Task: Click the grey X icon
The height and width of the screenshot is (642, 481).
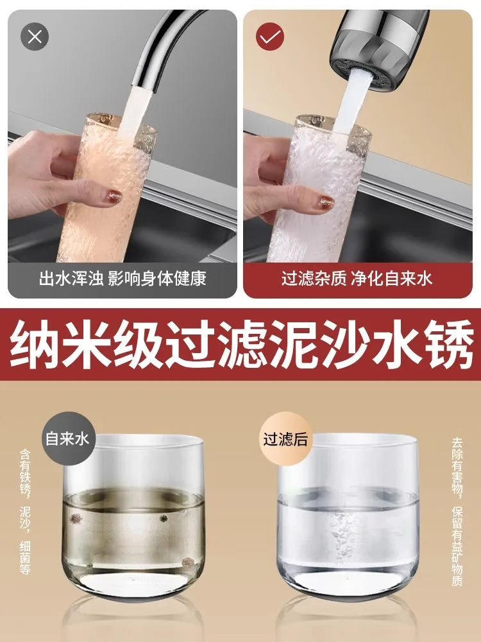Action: [35, 37]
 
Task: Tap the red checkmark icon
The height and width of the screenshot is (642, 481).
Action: [270, 37]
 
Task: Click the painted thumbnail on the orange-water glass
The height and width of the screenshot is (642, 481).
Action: [114, 197]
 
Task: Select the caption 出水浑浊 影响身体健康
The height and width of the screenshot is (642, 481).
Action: [122, 279]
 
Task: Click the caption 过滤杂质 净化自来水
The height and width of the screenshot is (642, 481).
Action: [357, 279]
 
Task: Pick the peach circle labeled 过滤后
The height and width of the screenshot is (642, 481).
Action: [286, 438]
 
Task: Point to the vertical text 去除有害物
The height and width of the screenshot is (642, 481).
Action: [457, 466]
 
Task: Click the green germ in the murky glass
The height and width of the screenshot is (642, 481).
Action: [164, 518]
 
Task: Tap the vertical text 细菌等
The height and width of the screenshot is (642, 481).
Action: [25, 557]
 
